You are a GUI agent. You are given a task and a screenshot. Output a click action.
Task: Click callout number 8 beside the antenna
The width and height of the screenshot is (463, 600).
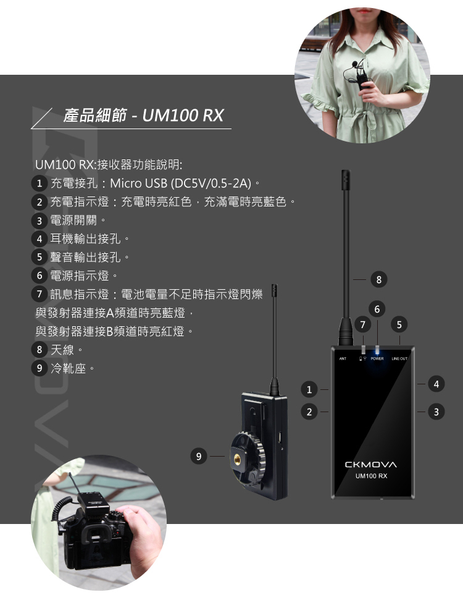379,280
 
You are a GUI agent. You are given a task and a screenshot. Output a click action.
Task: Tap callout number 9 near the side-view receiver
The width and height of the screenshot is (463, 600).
199,456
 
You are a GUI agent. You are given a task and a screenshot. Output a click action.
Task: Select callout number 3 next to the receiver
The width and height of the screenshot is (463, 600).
436,412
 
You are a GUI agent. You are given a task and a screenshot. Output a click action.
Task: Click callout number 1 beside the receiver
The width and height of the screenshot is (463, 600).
309,389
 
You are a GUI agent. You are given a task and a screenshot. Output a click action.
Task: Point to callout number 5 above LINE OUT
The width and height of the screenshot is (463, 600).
399,325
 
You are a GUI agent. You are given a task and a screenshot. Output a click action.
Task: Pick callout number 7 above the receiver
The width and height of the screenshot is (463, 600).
363,325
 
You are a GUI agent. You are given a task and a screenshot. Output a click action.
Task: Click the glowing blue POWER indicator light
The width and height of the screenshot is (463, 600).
377,350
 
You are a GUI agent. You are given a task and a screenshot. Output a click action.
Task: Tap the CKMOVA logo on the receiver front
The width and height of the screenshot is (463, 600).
371,465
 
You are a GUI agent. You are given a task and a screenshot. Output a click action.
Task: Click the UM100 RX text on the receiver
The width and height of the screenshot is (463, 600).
371,476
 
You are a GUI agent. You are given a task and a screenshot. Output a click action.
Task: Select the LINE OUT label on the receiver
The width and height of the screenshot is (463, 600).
399,358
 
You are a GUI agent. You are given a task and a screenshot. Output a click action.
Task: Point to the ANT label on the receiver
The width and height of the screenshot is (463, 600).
343,358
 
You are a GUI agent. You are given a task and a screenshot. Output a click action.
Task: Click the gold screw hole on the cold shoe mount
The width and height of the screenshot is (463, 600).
237,457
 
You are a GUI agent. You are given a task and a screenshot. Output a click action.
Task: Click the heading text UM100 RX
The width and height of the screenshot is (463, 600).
183,115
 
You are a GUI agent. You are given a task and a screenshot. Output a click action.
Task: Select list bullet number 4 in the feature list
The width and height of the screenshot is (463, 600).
39,239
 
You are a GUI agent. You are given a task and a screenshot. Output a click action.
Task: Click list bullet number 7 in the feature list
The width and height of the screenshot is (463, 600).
39,294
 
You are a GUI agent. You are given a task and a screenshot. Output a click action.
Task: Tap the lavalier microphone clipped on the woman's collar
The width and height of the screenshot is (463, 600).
356,64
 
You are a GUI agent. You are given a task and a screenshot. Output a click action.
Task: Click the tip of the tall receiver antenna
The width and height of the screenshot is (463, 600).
346,172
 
